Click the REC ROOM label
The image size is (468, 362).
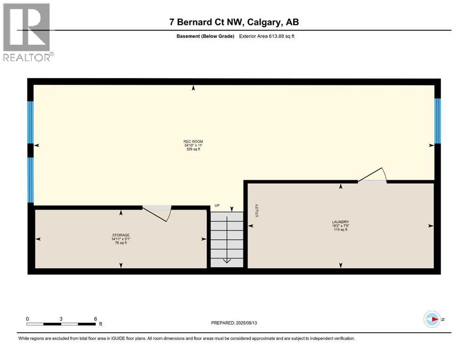[x=193, y=141]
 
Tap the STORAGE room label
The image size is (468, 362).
[x=121, y=235]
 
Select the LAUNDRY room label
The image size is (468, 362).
[x=340, y=222]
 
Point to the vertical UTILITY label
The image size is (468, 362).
[x=257, y=210]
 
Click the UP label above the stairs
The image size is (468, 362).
[x=217, y=206]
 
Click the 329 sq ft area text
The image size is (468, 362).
[x=193, y=149]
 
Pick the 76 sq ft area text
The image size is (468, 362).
[x=121, y=243]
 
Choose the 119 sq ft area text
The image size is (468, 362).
[x=340, y=230]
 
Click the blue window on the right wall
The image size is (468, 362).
[x=437, y=121]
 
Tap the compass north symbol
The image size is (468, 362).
[x=432, y=319]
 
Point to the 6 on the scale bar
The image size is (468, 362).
[x=95, y=319]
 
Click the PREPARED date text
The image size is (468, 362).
[x=234, y=323]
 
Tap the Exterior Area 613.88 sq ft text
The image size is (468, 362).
[x=269, y=36]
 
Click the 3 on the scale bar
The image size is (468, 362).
[x=61, y=319]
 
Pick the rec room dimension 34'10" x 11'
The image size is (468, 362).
[x=193, y=145]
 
